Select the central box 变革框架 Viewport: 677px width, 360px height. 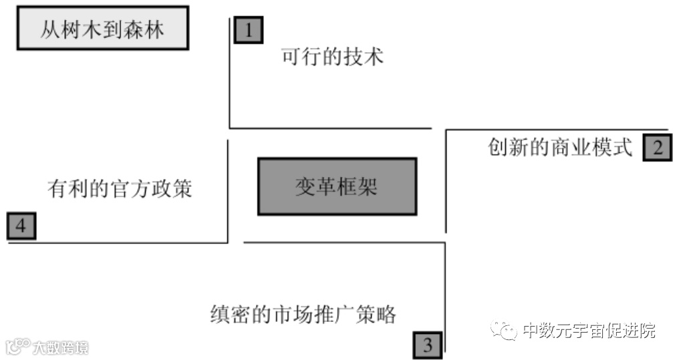click(x=337, y=186)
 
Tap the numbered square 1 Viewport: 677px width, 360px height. click(x=249, y=30)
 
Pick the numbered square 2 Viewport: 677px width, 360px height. click(x=657, y=148)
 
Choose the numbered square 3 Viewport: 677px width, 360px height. click(x=428, y=345)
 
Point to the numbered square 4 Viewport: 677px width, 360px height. click(x=21, y=226)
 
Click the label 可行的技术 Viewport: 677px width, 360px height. click(x=333, y=57)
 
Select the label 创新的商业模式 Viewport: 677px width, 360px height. click(x=561, y=148)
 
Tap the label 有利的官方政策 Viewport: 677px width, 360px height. click(x=120, y=189)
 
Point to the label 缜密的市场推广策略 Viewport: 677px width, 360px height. click(x=303, y=313)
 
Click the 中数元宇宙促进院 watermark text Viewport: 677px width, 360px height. click(x=589, y=330)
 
